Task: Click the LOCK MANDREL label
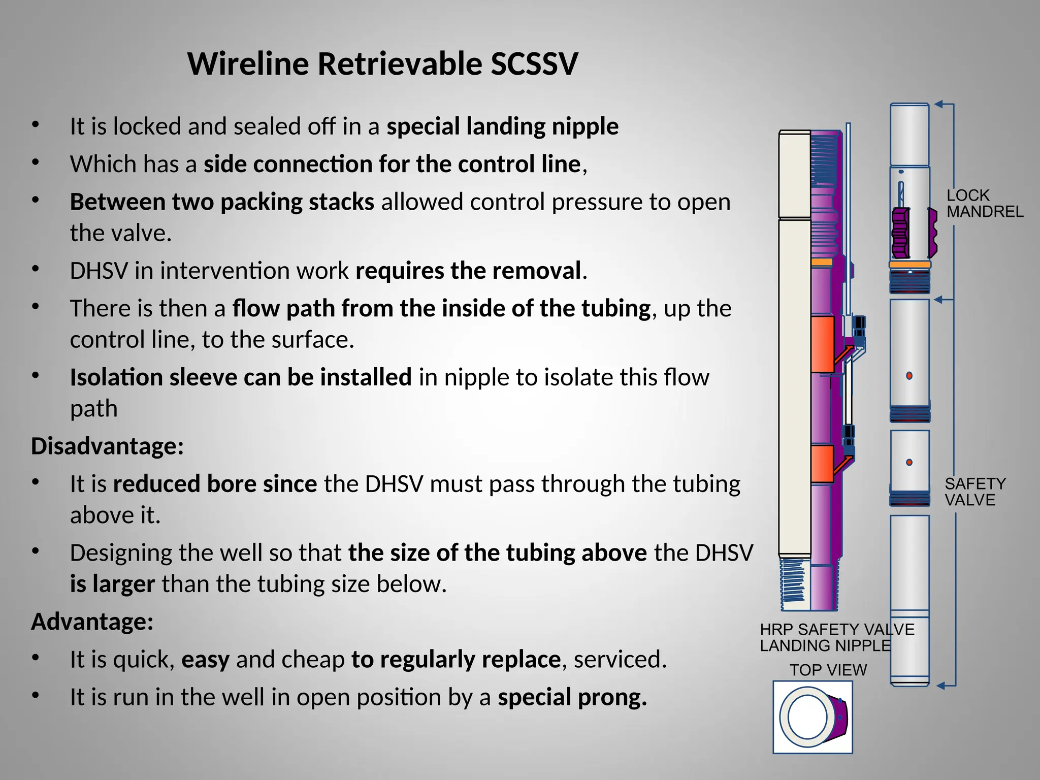click(984, 203)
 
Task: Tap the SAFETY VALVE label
click(974, 492)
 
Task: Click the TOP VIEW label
click(828, 670)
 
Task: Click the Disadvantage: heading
click(107, 446)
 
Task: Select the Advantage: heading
click(92, 622)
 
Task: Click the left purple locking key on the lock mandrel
click(900, 233)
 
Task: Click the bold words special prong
click(572, 697)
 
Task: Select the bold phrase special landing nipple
click(502, 126)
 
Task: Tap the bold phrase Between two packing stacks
click(222, 202)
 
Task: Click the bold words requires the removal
click(468, 271)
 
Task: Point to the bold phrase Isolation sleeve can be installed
click(241, 377)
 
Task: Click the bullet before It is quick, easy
click(35, 658)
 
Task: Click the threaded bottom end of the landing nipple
click(794, 584)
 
